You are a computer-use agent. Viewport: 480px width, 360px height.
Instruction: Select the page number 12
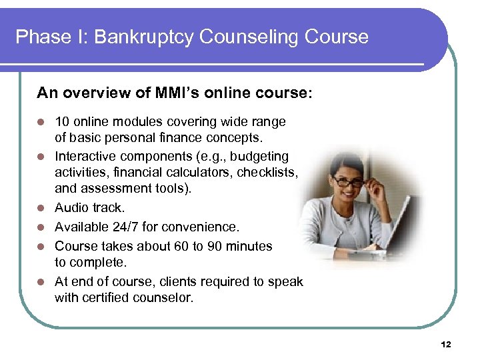446,344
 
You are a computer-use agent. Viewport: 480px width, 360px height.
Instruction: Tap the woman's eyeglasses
349,181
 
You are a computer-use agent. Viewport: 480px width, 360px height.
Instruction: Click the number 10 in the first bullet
62,122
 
